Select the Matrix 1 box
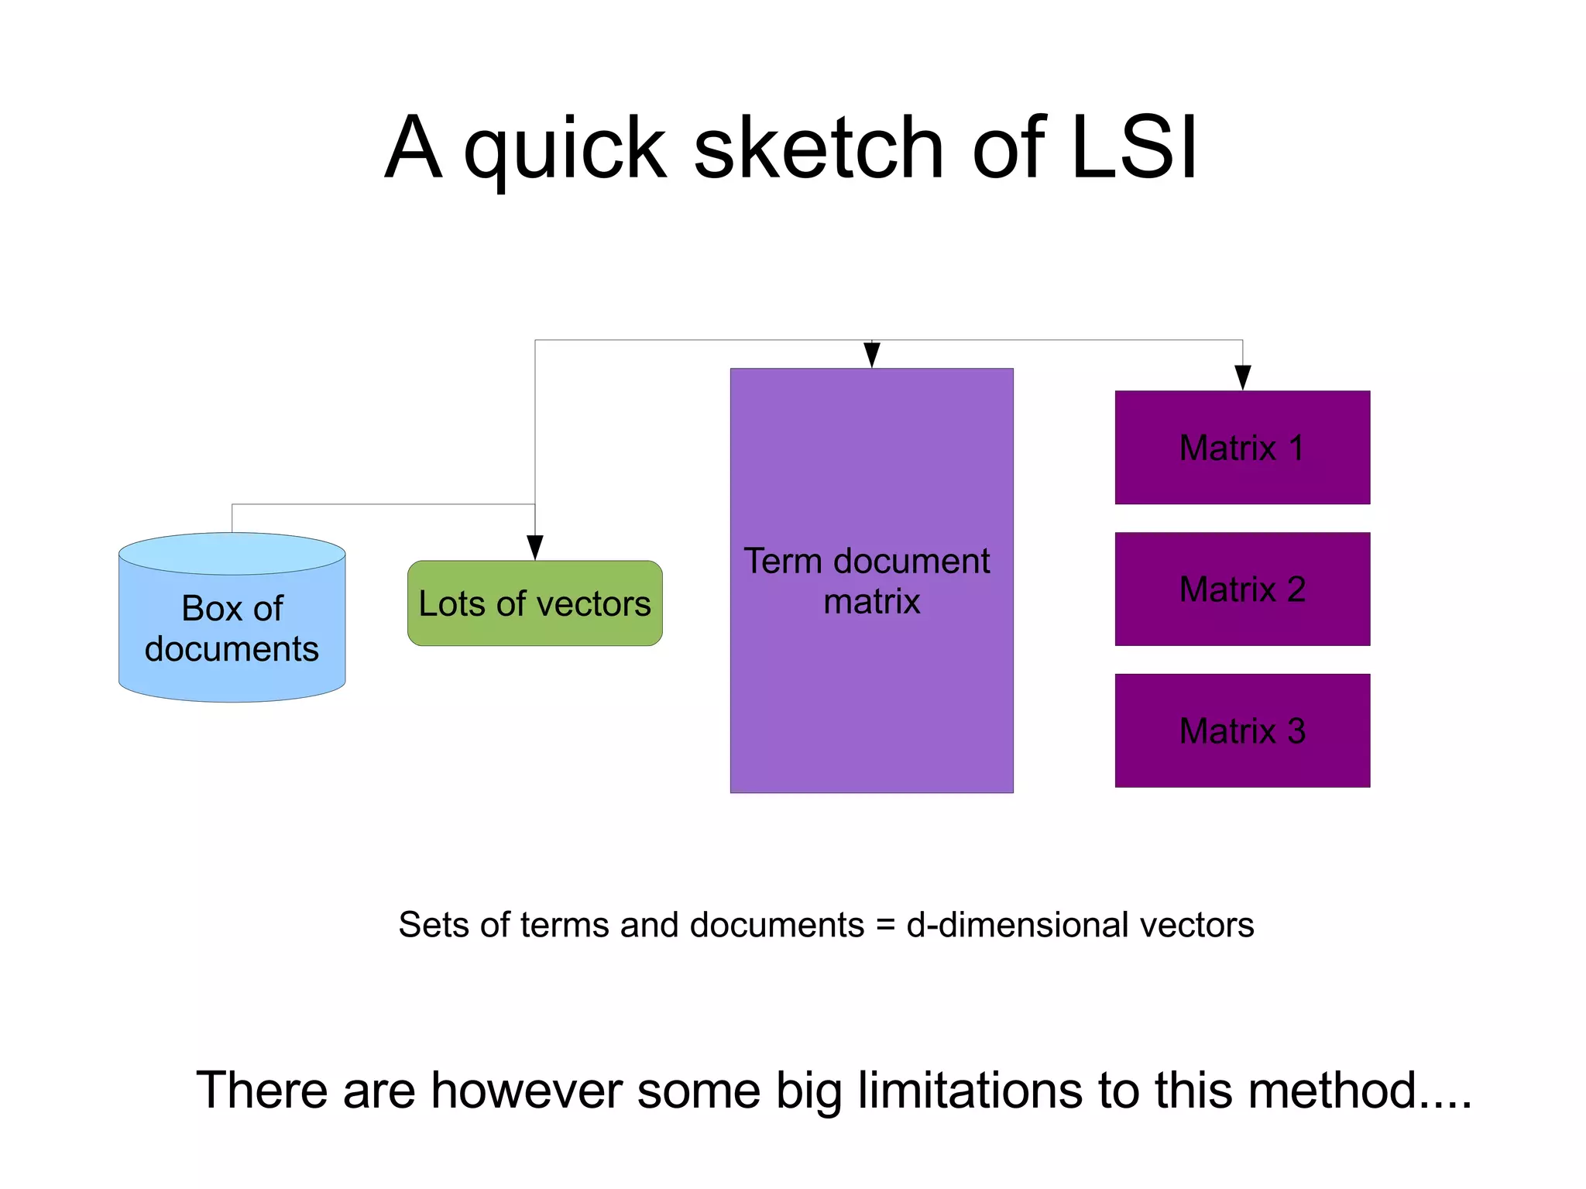(1242, 448)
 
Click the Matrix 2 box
(1242, 589)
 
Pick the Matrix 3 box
(1242, 730)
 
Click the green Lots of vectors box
(534, 603)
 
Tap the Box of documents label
(232, 628)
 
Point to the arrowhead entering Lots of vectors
(534, 548)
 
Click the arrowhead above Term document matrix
(872, 356)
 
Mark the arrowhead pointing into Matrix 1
(1243, 378)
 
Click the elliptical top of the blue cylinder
(232, 553)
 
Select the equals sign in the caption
(885, 925)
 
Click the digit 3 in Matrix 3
(1296, 731)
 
